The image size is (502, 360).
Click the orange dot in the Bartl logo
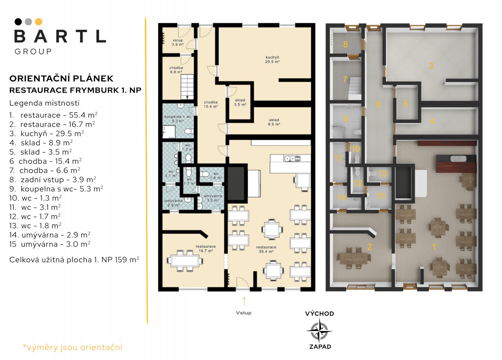pyautogui.click(x=39, y=22)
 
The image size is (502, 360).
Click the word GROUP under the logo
pyautogui.click(x=33, y=52)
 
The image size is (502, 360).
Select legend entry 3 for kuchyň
pyautogui.click(x=46, y=133)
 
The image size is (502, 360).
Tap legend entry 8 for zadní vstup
pyautogui.click(x=53, y=180)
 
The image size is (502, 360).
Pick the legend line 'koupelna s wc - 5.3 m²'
pyautogui.click(x=56, y=189)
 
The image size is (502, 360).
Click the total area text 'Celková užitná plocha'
pyautogui.click(x=50, y=259)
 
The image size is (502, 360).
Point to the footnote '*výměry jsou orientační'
pyautogui.click(x=73, y=347)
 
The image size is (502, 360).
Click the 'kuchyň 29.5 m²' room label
pyautogui.click(x=272, y=59)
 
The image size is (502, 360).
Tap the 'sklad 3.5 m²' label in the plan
pyautogui.click(x=240, y=102)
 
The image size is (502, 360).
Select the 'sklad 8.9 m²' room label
pyautogui.click(x=274, y=122)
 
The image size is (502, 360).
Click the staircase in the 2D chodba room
pyautogui.click(x=187, y=87)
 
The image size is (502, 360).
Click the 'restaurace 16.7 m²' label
pyautogui.click(x=205, y=248)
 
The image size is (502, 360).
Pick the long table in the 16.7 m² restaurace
pyautogui.click(x=185, y=261)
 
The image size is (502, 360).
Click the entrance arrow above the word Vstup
pyautogui.click(x=244, y=301)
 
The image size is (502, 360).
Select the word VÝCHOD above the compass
pyautogui.click(x=319, y=313)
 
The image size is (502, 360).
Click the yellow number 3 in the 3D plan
pyautogui.click(x=431, y=66)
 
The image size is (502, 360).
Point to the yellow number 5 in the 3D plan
pyautogui.click(x=405, y=103)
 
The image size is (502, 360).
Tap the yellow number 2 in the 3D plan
pyautogui.click(x=369, y=247)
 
